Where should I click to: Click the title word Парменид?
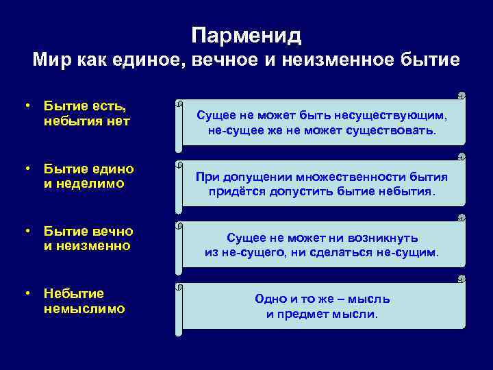click(246, 34)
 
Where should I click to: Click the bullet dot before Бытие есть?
click(26, 107)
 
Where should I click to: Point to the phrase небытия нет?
click(86, 121)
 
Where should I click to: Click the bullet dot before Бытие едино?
click(26, 169)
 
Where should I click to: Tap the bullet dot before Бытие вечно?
click(26, 231)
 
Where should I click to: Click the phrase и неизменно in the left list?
click(86, 245)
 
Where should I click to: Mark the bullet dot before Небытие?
click(26, 294)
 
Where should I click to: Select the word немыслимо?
click(84, 308)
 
